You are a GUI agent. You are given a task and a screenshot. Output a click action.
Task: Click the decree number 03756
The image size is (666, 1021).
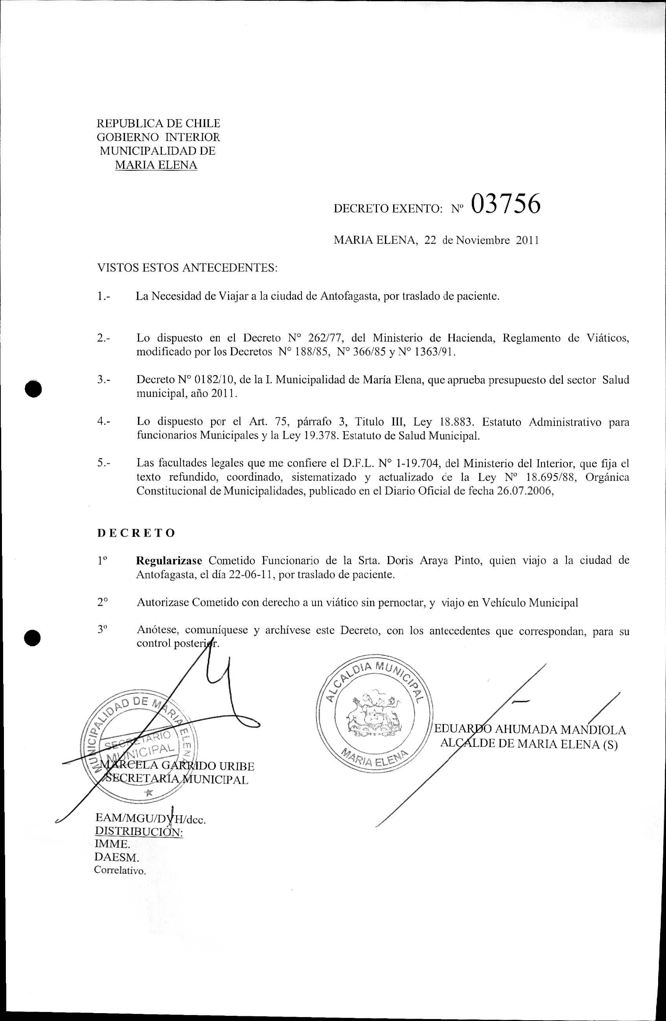[x=506, y=204]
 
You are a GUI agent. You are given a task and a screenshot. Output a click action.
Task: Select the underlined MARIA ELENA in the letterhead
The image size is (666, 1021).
[x=156, y=165]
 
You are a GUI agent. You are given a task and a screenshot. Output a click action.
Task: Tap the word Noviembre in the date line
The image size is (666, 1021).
[x=482, y=240]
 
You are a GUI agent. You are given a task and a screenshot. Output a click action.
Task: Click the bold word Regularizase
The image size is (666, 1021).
[x=169, y=561]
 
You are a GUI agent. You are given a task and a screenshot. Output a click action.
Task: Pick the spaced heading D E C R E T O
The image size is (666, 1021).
[x=136, y=533]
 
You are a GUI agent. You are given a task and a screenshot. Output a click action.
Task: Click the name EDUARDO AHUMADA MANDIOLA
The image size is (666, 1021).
[x=530, y=730]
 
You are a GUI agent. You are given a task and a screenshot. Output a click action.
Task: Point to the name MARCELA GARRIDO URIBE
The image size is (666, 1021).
[x=177, y=766]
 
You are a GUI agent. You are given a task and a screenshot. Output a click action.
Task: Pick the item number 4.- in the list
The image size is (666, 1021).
[x=104, y=422]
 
